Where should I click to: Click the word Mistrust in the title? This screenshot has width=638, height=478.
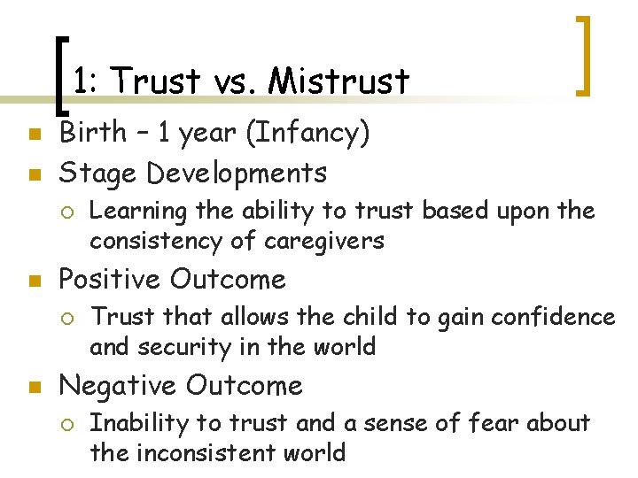click(x=339, y=82)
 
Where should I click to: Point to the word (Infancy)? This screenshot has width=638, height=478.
click(x=307, y=135)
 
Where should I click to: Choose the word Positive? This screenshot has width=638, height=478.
click(x=111, y=280)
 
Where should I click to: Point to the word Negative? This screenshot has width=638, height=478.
click(x=116, y=386)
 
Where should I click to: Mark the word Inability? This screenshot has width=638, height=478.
click(x=130, y=424)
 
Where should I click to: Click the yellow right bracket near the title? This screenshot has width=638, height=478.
click(x=586, y=55)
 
